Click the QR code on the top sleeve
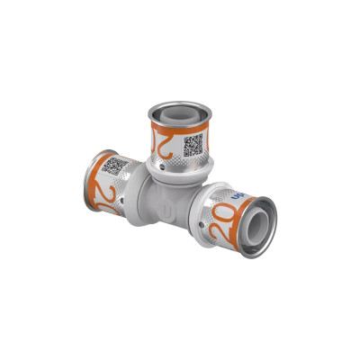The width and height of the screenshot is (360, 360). click(x=193, y=145)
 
